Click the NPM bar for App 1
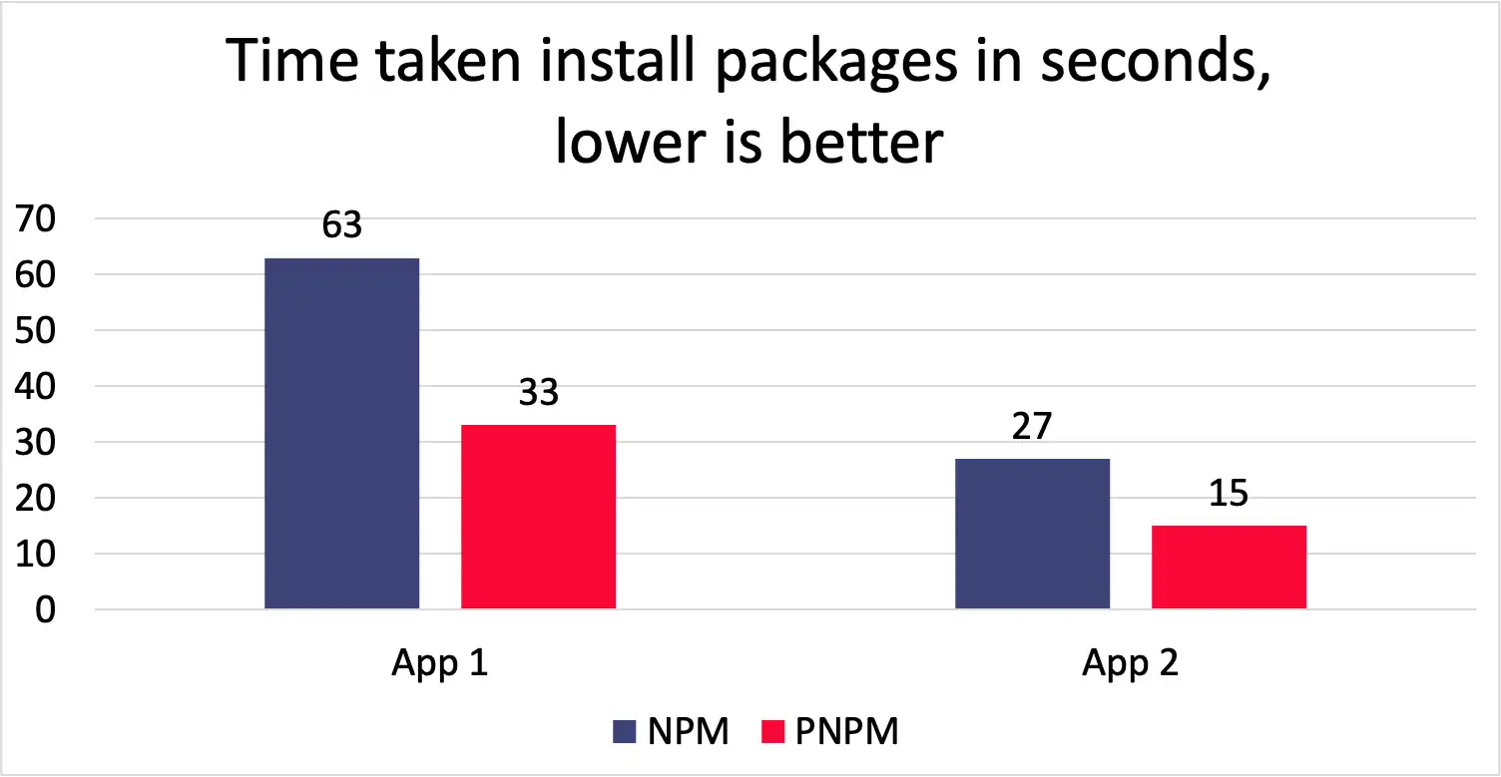341,433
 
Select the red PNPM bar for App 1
538,516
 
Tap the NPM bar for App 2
1032,533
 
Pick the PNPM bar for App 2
1229,567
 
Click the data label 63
341,225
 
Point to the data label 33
538,392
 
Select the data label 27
1032,426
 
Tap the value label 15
1229,493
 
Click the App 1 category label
439,663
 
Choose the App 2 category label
1130,663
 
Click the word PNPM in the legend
848,732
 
